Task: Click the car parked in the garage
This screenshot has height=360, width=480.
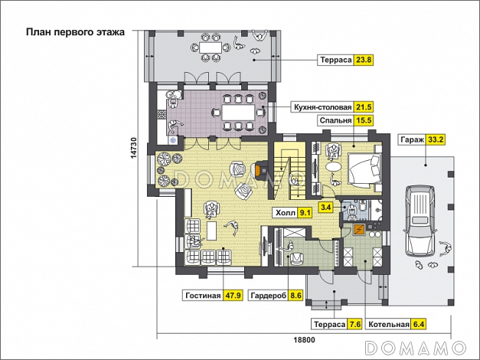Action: tap(420, 221)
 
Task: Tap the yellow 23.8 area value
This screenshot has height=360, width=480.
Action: tap(364, 60)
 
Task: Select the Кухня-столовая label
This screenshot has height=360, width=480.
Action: tap(322, 107)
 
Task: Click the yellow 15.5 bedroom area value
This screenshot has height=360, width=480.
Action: tap(364, 120)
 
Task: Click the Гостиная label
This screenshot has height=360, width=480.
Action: tap(203, 296)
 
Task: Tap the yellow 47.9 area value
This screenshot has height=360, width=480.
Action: tap(233, 296)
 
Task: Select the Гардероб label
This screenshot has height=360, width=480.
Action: tap(269, 296)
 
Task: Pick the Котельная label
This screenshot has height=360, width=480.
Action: tap(389, 324)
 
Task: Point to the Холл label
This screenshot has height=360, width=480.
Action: tap(286, 213)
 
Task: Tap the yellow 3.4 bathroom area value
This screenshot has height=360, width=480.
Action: tap(326, 208)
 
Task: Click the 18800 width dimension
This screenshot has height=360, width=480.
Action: tap(304, 340)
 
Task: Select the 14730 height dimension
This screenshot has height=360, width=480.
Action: tap(134, 148)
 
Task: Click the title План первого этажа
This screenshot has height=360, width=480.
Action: tap(75, 32)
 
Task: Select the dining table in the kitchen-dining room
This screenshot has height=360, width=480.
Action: tap(238, 113)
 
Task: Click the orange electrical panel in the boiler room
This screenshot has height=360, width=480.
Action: tap(359, 230)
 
